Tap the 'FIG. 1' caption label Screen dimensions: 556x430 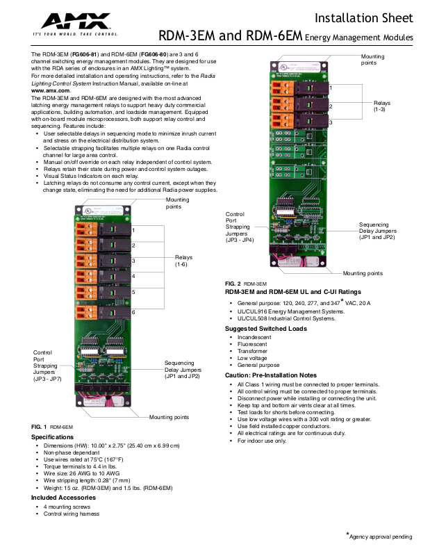click(x=39, y=426)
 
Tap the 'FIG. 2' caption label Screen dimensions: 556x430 click(x=233, y=284)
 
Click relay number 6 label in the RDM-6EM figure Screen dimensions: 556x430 click(x=133, y=311)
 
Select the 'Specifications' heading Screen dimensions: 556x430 click(x=52, y=436)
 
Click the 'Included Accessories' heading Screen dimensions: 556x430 click(x=63, y=498)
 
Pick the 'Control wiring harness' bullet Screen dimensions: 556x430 click(x=70, y=514)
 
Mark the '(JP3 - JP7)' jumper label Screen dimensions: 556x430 click(x=47, y=379)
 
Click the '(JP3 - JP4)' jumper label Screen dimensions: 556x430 click(x=240, y=240)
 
